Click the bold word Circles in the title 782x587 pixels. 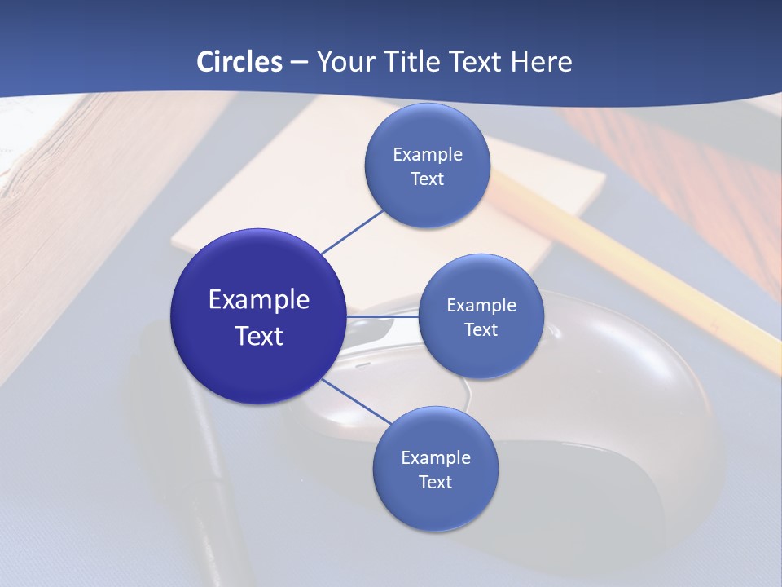click(239, 62)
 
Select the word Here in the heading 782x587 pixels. click(541, 62)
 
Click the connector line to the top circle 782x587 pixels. click(354, 230)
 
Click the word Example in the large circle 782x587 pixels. click(259, 300)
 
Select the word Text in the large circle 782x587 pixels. click(259, 336)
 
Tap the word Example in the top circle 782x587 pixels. click(428, 155)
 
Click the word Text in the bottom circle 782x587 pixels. click(435, 483)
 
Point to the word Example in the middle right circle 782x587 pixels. click(481, 306)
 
